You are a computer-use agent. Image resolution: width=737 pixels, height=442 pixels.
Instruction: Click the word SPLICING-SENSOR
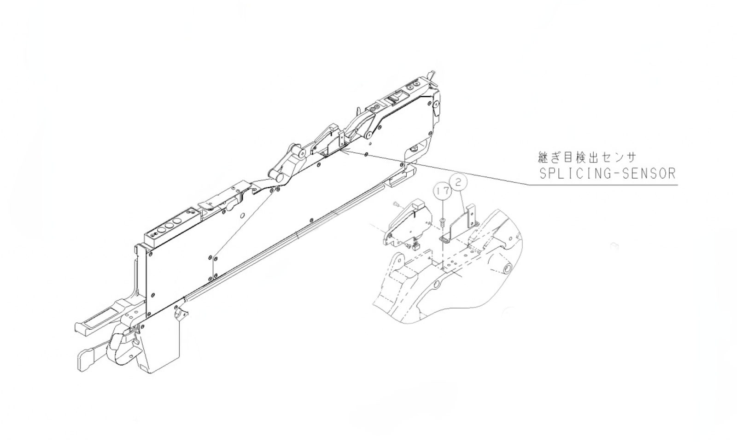pyautogui.click(x=607, y=174)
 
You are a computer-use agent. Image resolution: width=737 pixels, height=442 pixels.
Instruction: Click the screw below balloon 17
pyautogui.click(x=442, y=222)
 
